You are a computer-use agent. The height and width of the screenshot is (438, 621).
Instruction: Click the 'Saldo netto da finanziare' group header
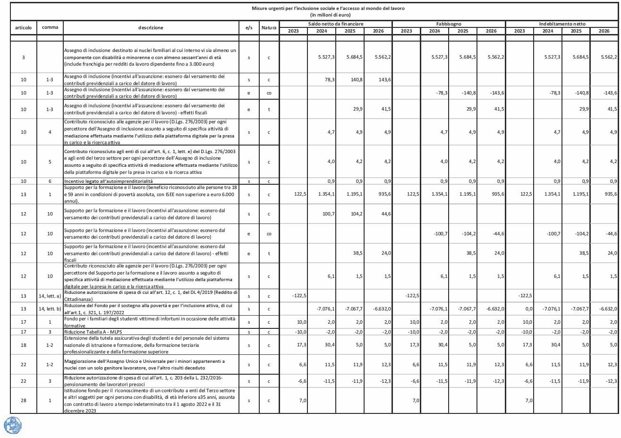(x=336, y=24)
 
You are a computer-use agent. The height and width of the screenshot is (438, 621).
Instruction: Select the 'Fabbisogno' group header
(x=449, y=24)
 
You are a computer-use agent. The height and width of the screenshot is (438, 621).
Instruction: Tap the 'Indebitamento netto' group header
(x=562, y=24)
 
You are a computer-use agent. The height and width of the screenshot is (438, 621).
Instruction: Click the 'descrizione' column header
(x=151, y=28)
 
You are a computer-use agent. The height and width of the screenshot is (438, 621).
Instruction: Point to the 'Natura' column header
(x=269, y=28)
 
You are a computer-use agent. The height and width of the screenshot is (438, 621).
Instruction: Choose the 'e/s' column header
(x=249, y=28)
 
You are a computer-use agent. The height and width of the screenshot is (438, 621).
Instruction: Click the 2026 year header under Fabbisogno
(x=491, y=31)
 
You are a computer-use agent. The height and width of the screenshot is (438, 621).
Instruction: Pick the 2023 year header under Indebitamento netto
(x=519, y=31)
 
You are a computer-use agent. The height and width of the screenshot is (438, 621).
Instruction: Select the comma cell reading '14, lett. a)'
(x=50, y=296)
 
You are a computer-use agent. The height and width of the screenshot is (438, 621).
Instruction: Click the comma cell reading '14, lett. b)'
(x=50, y=309)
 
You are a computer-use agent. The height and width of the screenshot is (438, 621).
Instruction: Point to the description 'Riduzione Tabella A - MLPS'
(x=93, y=332)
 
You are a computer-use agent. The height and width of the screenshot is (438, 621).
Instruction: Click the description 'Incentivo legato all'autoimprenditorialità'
(x=108, y=181)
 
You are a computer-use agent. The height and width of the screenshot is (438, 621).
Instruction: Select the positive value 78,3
(x=330, y=80)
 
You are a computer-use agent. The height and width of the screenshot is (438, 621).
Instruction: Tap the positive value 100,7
(x=328, y=214)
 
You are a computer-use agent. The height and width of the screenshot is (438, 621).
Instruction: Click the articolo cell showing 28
(x=24, y=401)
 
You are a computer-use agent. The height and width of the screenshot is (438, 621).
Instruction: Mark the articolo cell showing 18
(x=24, y=345)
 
